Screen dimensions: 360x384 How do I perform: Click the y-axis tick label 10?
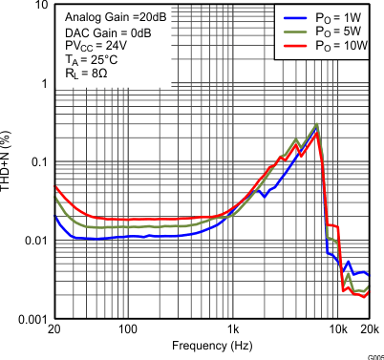[37, 6]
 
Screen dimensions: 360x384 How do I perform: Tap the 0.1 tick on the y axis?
[36, 162]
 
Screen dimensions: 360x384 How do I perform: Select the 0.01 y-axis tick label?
[33, 240]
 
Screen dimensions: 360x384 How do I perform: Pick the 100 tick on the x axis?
[128, 330]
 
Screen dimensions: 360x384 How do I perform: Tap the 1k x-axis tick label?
[233, 330]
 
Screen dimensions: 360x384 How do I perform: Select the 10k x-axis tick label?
[337, 330]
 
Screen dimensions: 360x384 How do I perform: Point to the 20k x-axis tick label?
[369, 330]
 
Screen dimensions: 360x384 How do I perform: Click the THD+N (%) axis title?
[8, 162]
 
